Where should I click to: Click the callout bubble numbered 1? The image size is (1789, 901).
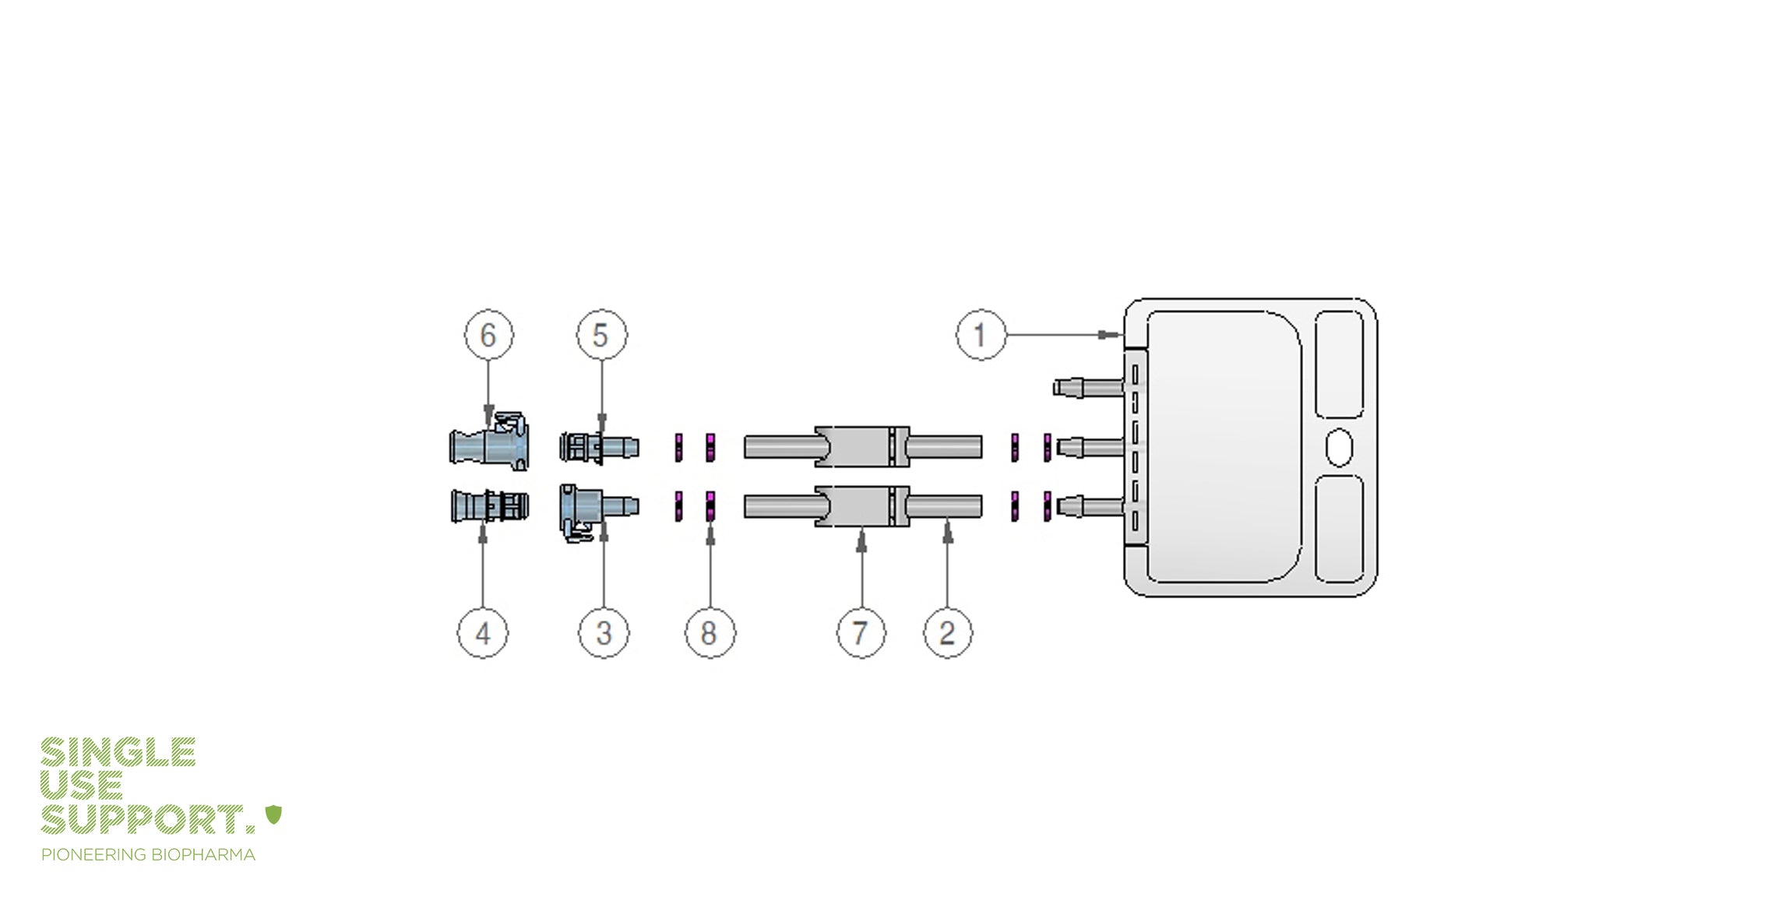pyautogui.click(x=981, y=335)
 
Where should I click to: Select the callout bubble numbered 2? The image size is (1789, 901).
pyautogui.click(x=947, y=632)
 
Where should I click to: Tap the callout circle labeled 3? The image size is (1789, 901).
pyautogui.click(x=604, y=632)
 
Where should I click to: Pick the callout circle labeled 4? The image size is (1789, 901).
pyautogui.click(x=483, y=632)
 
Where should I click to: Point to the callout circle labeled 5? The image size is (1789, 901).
pyautogui.click(x=601, y=335)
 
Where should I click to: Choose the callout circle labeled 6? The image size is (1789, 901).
pyautogui.click(x=488, y=335)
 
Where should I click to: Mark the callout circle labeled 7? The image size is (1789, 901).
pyautogui.click(x=861, y=632)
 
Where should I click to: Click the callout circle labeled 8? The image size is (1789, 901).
pyautogui.click(x=709, y=632)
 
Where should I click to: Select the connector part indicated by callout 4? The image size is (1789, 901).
pyautogui.click(x=489, y=506)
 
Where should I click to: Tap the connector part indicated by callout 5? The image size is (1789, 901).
pyautogui.click(x=598, y=447)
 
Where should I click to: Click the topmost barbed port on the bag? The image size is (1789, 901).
pyautogui.click(x=1087, y=386)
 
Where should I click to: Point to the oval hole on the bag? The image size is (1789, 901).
pyautogui.click(x=1339, y=447)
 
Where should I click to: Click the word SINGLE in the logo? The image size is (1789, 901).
pyautogui.click(x=118, y=752)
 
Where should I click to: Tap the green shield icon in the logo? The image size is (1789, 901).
pyautogui.click(x=273, y=815)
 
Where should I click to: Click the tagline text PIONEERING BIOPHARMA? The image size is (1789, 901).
pyautogui.click(x=148, y=855)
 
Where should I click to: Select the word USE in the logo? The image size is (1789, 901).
pyautogui.click(x=81, y=786)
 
